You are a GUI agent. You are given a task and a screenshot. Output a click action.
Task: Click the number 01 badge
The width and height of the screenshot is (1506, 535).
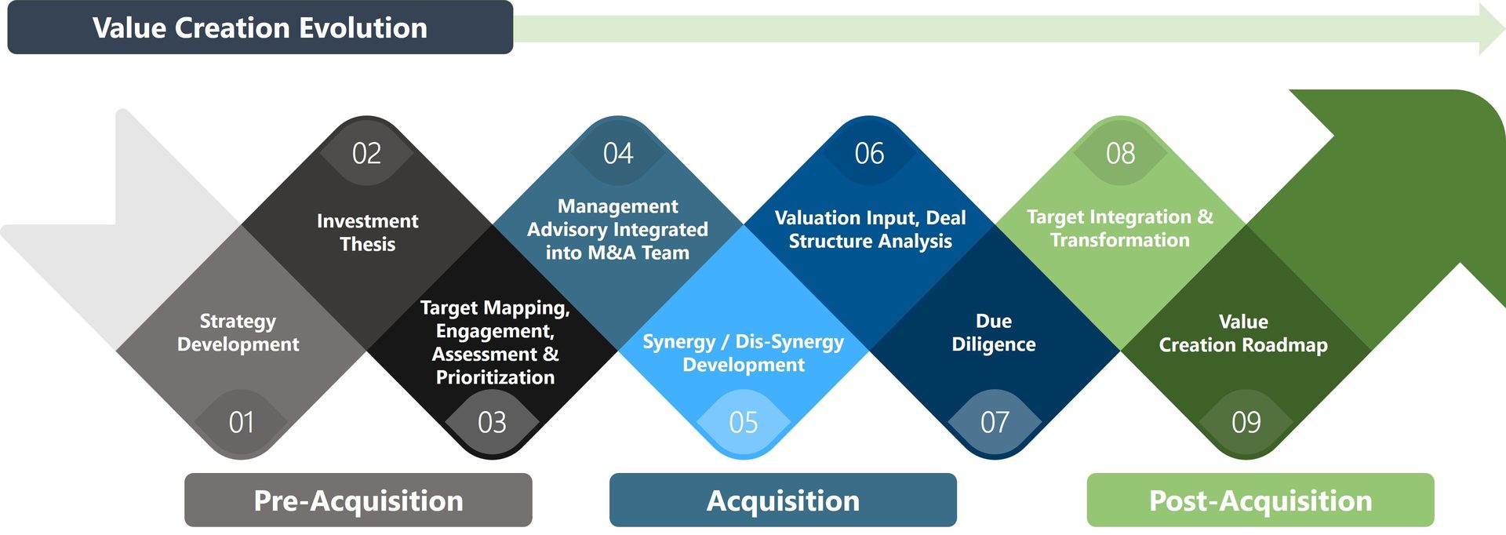(x=242, y=423)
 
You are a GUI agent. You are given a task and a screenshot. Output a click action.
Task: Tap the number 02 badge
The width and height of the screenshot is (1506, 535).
(x=366, y=153)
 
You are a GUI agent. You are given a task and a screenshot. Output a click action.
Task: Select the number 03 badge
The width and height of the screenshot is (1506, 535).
(x=493, y=423)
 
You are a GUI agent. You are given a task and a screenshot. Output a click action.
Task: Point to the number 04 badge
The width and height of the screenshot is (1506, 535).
(x=618, y=153)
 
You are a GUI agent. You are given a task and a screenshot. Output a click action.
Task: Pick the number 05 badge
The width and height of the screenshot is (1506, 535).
(x=744, y=423)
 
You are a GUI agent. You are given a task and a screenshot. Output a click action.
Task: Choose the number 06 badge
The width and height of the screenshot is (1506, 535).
(x=869, y=153)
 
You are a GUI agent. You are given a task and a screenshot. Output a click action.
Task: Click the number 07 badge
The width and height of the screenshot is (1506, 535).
(x=995, y=423)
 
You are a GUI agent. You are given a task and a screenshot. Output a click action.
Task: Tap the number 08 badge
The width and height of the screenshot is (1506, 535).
(x=1120, y=153)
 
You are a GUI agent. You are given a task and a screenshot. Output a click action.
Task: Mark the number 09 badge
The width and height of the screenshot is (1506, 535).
(x=1246, y=423)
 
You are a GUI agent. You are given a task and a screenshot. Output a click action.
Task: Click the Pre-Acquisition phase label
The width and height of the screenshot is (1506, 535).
(x=358, y=500)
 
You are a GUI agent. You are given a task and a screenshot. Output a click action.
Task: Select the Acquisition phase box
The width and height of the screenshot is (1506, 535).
(x=783, y=500)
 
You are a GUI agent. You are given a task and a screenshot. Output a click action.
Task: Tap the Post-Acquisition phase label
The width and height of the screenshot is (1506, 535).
(x=1260, y=500)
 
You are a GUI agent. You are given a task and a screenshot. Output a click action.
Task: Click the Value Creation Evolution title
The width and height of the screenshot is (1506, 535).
(x=260, y=28)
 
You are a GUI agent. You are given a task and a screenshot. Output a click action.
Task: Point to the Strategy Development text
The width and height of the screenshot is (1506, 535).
(x=238, y=333)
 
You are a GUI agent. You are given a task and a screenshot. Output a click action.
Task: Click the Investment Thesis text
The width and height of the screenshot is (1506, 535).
(x=367, y=232)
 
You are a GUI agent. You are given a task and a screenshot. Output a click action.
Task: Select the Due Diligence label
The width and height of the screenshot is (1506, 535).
(x=994, y=333)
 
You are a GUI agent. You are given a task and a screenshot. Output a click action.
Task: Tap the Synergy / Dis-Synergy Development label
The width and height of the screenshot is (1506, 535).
(x=744, y=353)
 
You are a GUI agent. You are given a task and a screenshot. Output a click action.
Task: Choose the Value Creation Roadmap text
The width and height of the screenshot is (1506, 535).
(x=1243, y=333)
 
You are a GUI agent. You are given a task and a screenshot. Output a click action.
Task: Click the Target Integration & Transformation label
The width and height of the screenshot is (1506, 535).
(x=1120, y=228)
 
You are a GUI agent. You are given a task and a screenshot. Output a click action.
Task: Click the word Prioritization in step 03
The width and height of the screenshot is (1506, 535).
(x=495, y=377)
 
